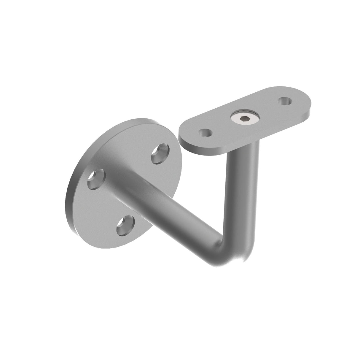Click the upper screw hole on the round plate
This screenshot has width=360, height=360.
[x=159, y=153]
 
